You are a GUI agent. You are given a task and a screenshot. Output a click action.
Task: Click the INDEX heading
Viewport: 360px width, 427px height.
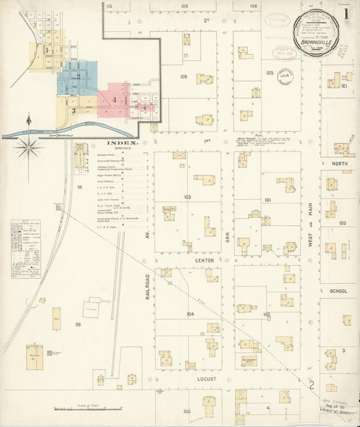tap(122, 144)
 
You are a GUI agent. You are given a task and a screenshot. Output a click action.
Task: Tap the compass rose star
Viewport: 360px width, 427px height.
tap(30, 148)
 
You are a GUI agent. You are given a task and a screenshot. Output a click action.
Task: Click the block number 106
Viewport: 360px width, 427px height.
tap(183, 77)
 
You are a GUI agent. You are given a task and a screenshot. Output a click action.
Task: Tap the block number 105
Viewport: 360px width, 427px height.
tap(269, 72)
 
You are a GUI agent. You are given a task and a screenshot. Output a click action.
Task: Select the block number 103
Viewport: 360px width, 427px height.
tap(187, 197)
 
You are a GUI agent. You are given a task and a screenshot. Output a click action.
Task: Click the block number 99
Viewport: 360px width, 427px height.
tap(78, 326)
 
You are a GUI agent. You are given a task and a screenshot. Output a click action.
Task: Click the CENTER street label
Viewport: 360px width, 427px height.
tap(205, 259)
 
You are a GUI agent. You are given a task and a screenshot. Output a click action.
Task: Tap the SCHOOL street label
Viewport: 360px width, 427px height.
tap(338, 291)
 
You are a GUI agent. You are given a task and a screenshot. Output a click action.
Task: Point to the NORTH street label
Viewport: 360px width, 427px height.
tap(338, 164)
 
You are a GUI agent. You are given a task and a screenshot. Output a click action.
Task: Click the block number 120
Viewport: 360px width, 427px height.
tap(342, 223)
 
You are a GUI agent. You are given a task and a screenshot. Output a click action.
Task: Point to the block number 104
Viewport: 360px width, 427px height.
tap(190, 315)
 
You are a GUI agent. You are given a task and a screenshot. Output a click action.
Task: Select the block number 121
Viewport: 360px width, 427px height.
tap(344, 86)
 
